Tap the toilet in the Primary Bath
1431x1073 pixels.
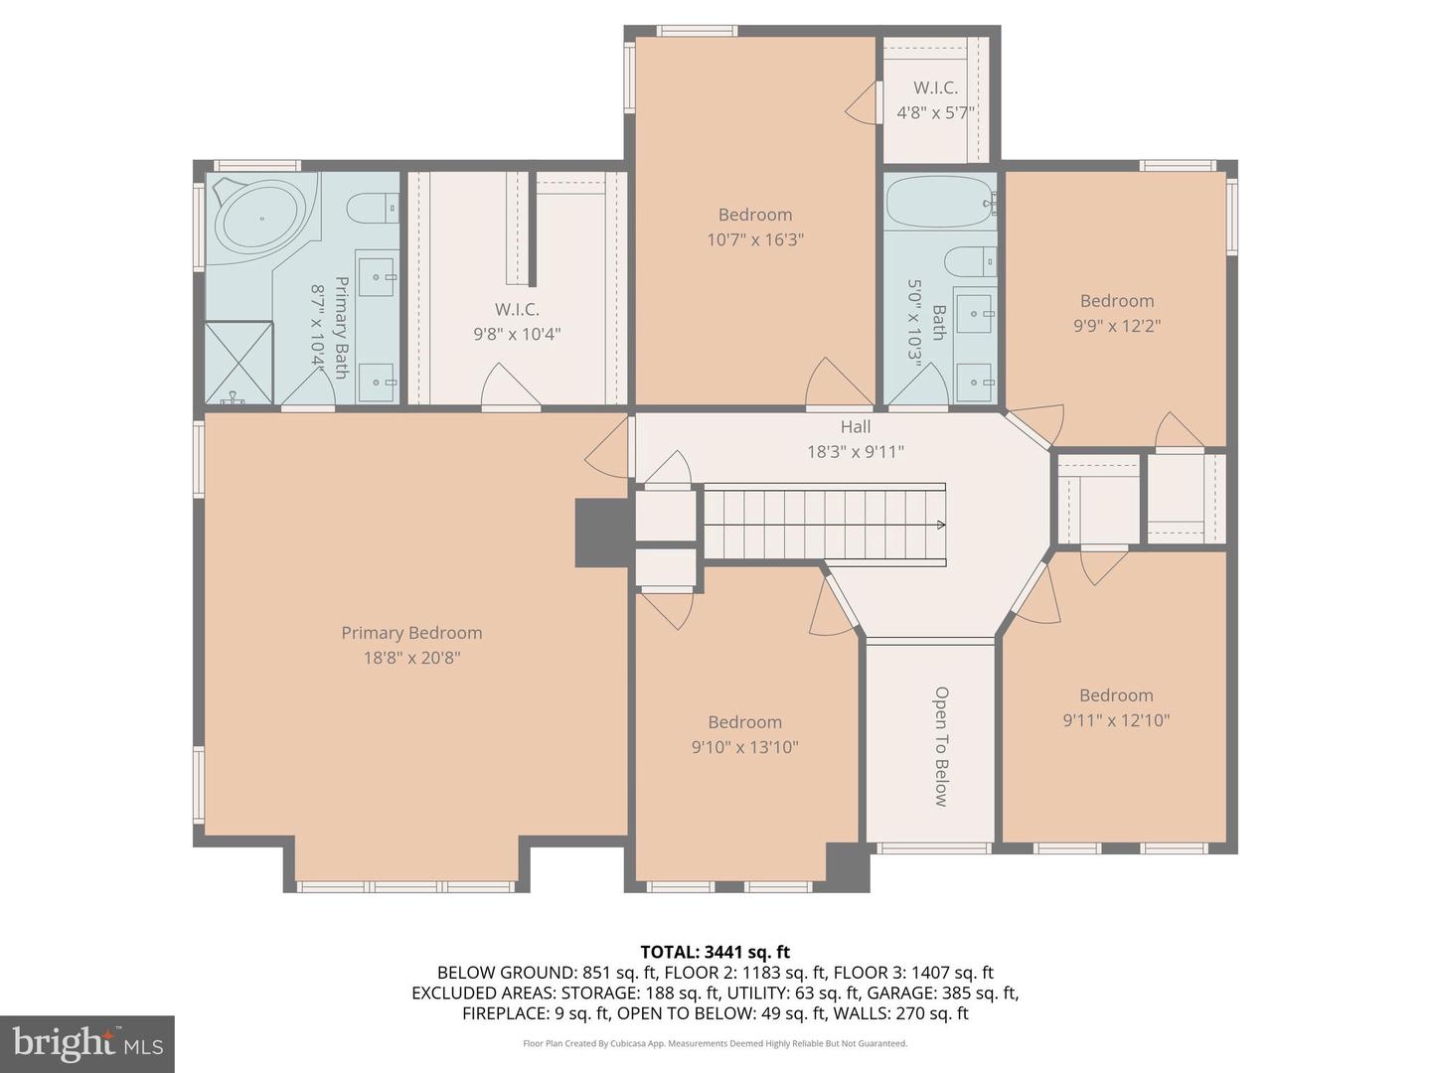click(373, 209)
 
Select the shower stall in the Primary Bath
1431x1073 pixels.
click(238, 363)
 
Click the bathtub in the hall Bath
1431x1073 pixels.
click(940, 202)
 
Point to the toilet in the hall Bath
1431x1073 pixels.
click(971, 262)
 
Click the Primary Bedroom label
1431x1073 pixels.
click(411, 633)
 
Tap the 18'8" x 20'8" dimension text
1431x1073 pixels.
click(411, 658)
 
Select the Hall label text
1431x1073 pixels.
click(856, 427)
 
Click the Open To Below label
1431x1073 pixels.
click(941, 746)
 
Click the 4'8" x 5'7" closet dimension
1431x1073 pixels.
click(935, 112)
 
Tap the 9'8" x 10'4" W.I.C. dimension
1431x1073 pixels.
click(517, 334)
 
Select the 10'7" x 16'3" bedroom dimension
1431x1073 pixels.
click(755, 239)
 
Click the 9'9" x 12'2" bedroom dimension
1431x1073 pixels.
click(1117, 326)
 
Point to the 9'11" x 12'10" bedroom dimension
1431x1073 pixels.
click(1116, 720)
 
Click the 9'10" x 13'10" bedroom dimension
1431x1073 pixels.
click(744, 746)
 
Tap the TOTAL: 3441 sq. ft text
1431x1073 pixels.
click(715, 952)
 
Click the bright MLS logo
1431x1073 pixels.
click(86, 1044)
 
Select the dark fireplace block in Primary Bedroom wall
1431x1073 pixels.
click(603, 533)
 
